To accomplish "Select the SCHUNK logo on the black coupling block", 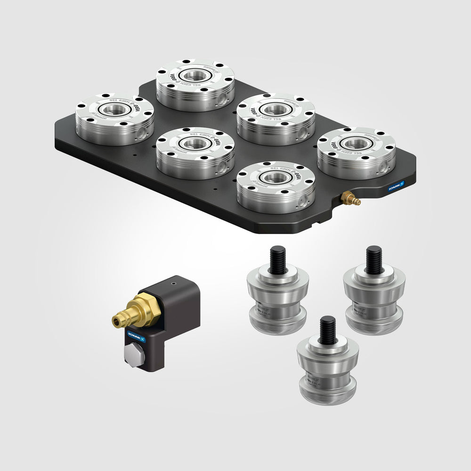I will click(136, 339).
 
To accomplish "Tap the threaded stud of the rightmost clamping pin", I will click(374, 259).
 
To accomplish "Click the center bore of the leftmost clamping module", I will click(114, 110).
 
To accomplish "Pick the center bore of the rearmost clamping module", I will click(195, 74).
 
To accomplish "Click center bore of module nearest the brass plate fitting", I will click(276, 178).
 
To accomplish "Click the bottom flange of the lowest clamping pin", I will click(327, 393).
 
